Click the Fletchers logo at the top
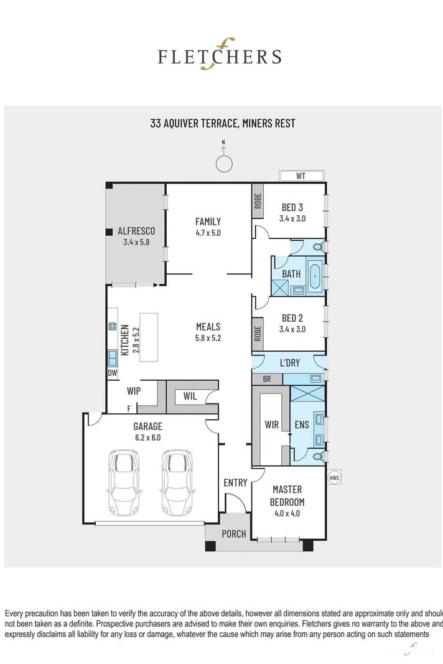coord(219,56)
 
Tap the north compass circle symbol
coord(223,163)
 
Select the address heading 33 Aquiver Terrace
coord(222,123)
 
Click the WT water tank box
coord(301,176)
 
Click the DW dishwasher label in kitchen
coord(113,373)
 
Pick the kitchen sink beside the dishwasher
coord(113,358)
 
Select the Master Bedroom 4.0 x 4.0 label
coord(287,502)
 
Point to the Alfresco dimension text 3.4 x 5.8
coord(136,242)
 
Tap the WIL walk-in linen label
coord(190,396)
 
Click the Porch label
coord(234,534)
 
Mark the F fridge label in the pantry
coord(129,408)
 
